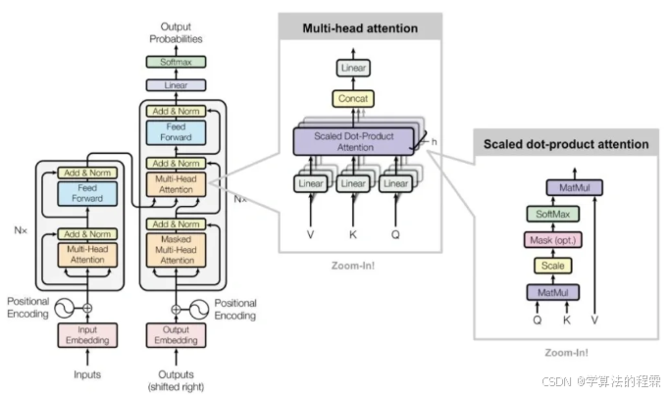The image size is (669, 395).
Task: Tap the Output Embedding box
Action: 176,334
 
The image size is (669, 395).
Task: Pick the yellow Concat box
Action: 352,100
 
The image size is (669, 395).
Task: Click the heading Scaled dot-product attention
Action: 565,144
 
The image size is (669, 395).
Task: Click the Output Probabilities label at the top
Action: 177,32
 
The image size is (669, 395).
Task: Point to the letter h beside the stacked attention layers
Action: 433,142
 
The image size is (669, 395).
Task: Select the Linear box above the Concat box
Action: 352,68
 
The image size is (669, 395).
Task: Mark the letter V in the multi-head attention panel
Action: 311,235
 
